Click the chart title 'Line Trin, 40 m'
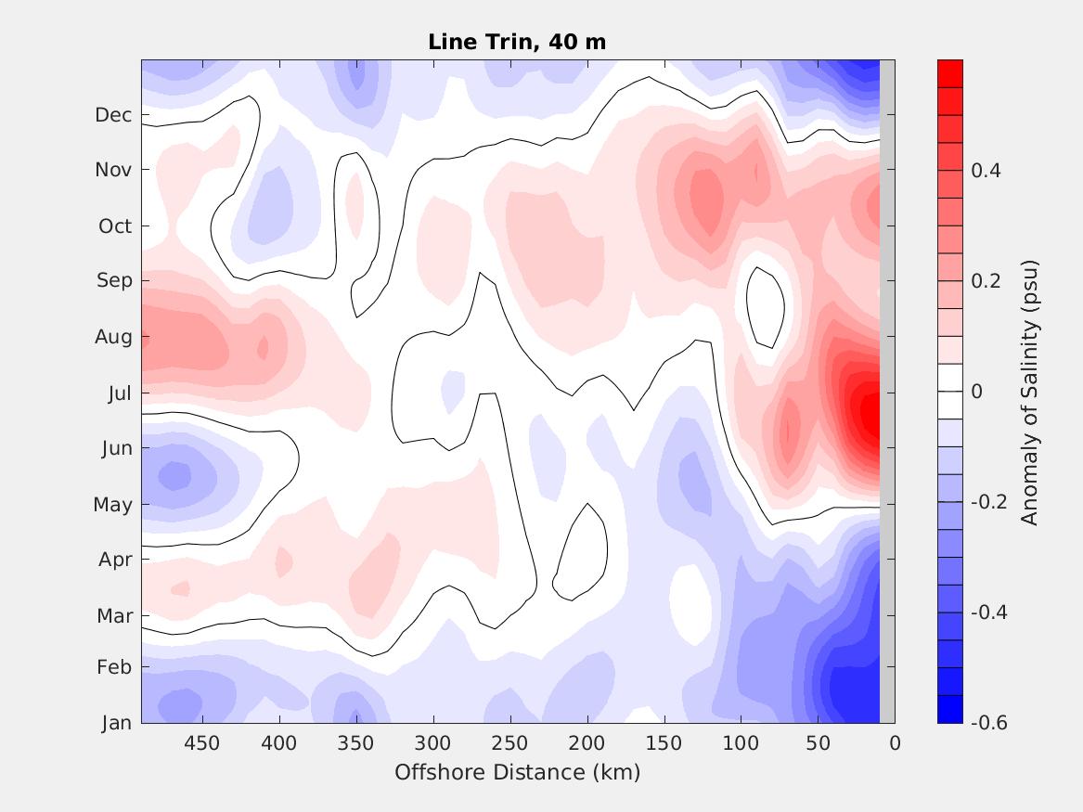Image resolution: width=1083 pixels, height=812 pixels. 517,42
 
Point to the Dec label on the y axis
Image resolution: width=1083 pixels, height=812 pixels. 114,115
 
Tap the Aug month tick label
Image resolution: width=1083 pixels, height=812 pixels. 114,337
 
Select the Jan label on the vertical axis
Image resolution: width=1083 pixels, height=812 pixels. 116,723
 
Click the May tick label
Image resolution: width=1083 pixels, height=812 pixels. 113,505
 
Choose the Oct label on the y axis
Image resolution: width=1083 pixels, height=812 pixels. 115,226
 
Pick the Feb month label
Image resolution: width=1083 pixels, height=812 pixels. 115,667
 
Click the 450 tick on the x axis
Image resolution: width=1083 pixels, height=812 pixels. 201,743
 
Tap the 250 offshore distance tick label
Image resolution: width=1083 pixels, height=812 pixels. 509,743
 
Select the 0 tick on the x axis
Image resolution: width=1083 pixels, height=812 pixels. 895,743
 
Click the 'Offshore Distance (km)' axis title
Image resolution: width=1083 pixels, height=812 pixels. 517,772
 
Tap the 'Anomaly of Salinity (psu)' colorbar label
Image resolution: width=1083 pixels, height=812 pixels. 1029,393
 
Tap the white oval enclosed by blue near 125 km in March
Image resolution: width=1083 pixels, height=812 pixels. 688,604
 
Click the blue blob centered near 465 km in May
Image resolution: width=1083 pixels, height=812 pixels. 174,476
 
